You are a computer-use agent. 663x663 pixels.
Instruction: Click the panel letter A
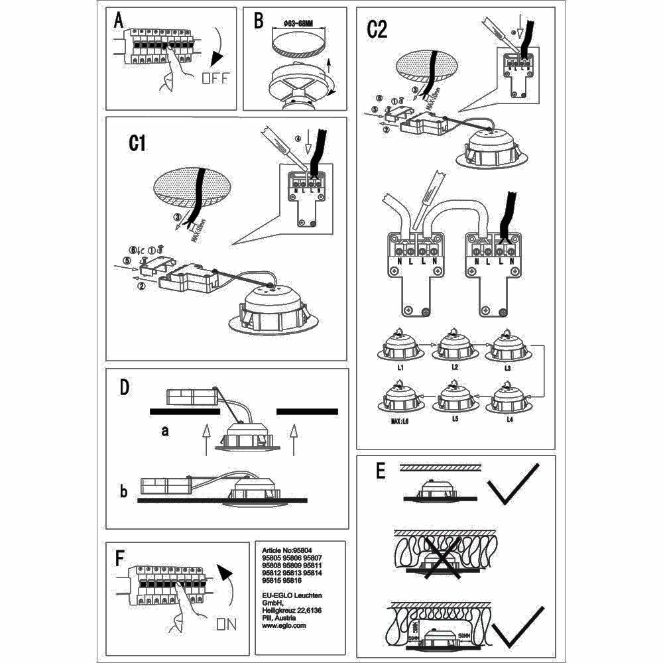pyautogui.click(x=119, y=21)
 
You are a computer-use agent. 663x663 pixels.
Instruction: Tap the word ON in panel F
pyautogui.click(x=226, y=624)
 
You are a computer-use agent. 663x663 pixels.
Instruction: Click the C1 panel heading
pyautogui.click(x=137, y=144)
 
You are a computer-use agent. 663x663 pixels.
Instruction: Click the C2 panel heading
pyautogui.click(x=377, y=30)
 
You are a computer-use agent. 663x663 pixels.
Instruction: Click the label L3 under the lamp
pyautogui.click(x=509, y=367)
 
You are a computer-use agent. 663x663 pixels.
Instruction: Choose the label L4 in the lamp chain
pyautogui.click(x=509, y=420)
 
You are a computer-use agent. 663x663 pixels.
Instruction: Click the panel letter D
pyautogui.click(x=124, y=388)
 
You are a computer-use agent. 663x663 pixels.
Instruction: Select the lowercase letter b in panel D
pyautogui.click(x=123, y=492)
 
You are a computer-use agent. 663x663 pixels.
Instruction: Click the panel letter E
pyautogui.click(x=380, y=471)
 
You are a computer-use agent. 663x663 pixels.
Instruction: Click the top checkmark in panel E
pyautogui.click(x=512, y=484)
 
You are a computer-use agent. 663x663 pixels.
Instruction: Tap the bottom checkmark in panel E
pyautogui.click(x=517, y=626)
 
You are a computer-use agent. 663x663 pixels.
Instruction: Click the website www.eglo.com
pyautogui.click(x=284, y=625)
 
